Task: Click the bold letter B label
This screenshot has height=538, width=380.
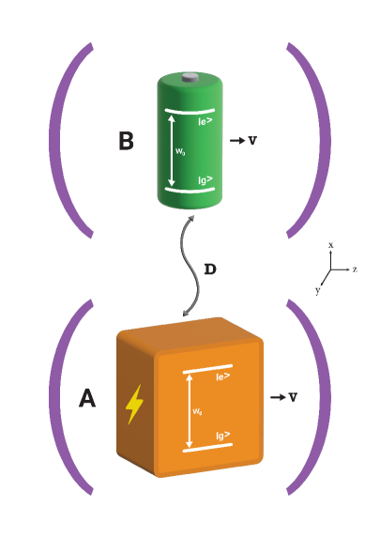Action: click(x=127, y=142)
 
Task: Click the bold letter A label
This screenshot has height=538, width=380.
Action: click(x=86, y=399)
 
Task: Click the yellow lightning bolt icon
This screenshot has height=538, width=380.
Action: click(x=135, y=404)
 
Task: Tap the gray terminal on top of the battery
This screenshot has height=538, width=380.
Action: click(x=190, y=79)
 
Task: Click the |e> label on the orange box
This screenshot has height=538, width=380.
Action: click(x=224, y=377)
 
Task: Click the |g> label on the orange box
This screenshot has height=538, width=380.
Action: click(x=224, y=436)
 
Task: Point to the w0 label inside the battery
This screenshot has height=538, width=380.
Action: click(x=179, y=149)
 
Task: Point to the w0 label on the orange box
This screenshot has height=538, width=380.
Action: click(x=198, y=410)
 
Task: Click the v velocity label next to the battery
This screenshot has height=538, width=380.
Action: click(x=252, y=140)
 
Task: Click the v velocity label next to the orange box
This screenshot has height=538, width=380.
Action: click(x=293, y=397)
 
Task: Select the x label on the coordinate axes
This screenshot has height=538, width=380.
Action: click(x=331, y=244)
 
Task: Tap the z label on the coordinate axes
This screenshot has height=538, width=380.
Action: click(x=356, y=269)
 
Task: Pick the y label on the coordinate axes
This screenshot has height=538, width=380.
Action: click(x=318, y=292)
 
